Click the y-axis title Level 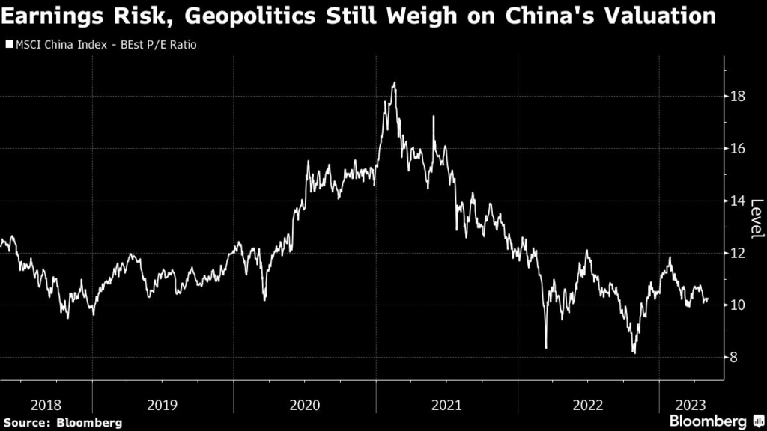tap(756, 218)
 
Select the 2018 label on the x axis tap(46, 405)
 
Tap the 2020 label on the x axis tap(304, 405)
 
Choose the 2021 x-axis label tap(446, 405)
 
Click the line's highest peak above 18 tap(394, 83)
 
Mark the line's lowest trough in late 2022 tap(634, 352)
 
